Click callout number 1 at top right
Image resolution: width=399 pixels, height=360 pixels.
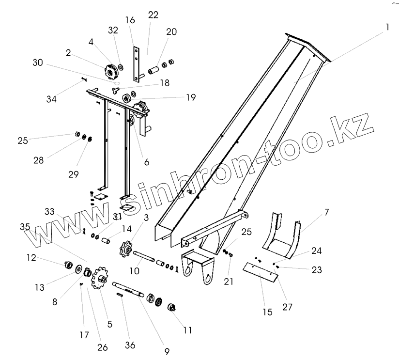point(387,28)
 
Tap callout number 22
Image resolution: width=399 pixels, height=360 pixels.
point(153,15)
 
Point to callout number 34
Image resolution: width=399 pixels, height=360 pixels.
point(52,99)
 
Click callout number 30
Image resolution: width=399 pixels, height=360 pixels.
point(38,63)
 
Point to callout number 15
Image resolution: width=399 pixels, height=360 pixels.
point(267,312)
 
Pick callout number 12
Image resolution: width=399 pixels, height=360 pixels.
point(31,258)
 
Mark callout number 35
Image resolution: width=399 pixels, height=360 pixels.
point(25,226)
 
